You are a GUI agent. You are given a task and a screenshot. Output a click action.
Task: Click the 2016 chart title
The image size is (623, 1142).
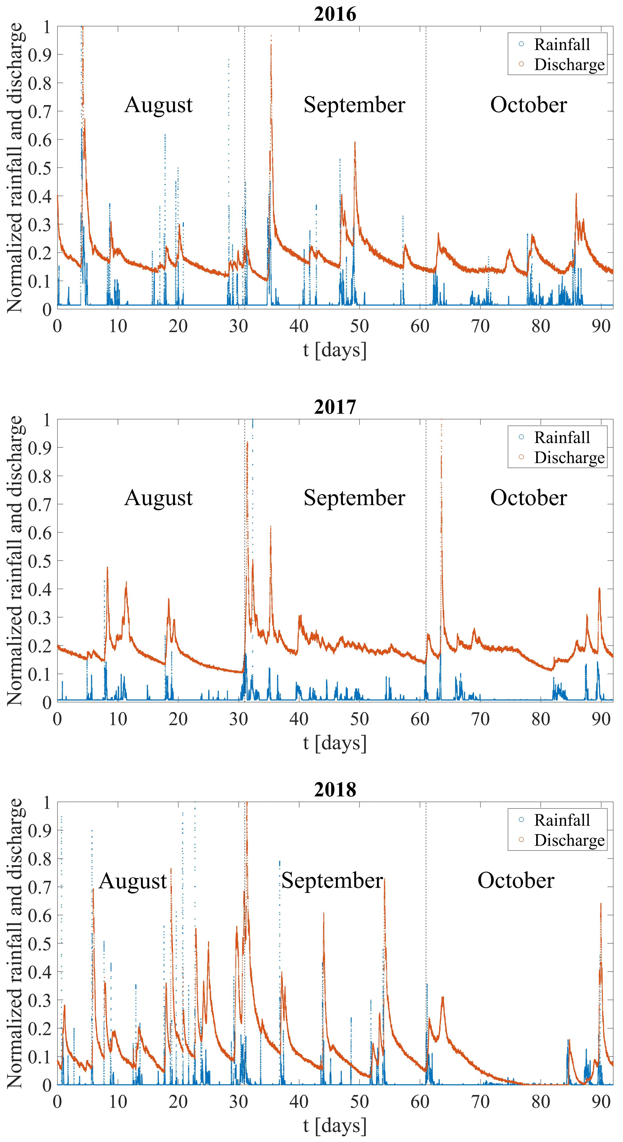click(335, 14)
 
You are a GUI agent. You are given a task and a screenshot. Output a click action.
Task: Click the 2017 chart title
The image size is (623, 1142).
click(335, 407)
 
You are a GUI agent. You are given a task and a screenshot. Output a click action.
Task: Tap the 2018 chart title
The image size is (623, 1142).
click(335, 790)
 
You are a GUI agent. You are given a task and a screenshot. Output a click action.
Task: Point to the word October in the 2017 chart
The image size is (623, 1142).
click(528, 498)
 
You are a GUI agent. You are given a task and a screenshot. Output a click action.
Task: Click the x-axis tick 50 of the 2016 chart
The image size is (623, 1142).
click(359, 326)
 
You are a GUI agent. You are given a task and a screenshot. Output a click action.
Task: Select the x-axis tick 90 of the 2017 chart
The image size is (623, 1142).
click(601, 719)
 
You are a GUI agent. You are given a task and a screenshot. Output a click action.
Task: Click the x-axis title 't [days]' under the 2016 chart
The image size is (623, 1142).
click(335, 350)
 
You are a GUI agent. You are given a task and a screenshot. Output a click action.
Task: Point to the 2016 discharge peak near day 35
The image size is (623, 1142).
click(271, 36)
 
